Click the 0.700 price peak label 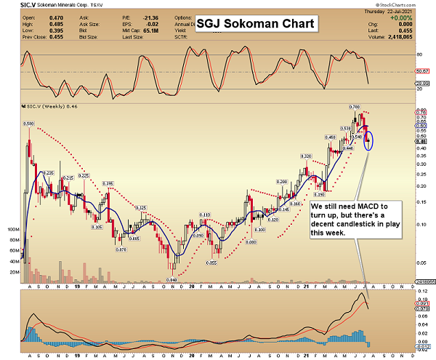355,107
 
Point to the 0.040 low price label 171,280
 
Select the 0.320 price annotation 306,156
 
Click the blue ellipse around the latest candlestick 369,137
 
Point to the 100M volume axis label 13,229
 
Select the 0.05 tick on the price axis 419,262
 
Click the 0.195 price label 108,183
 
